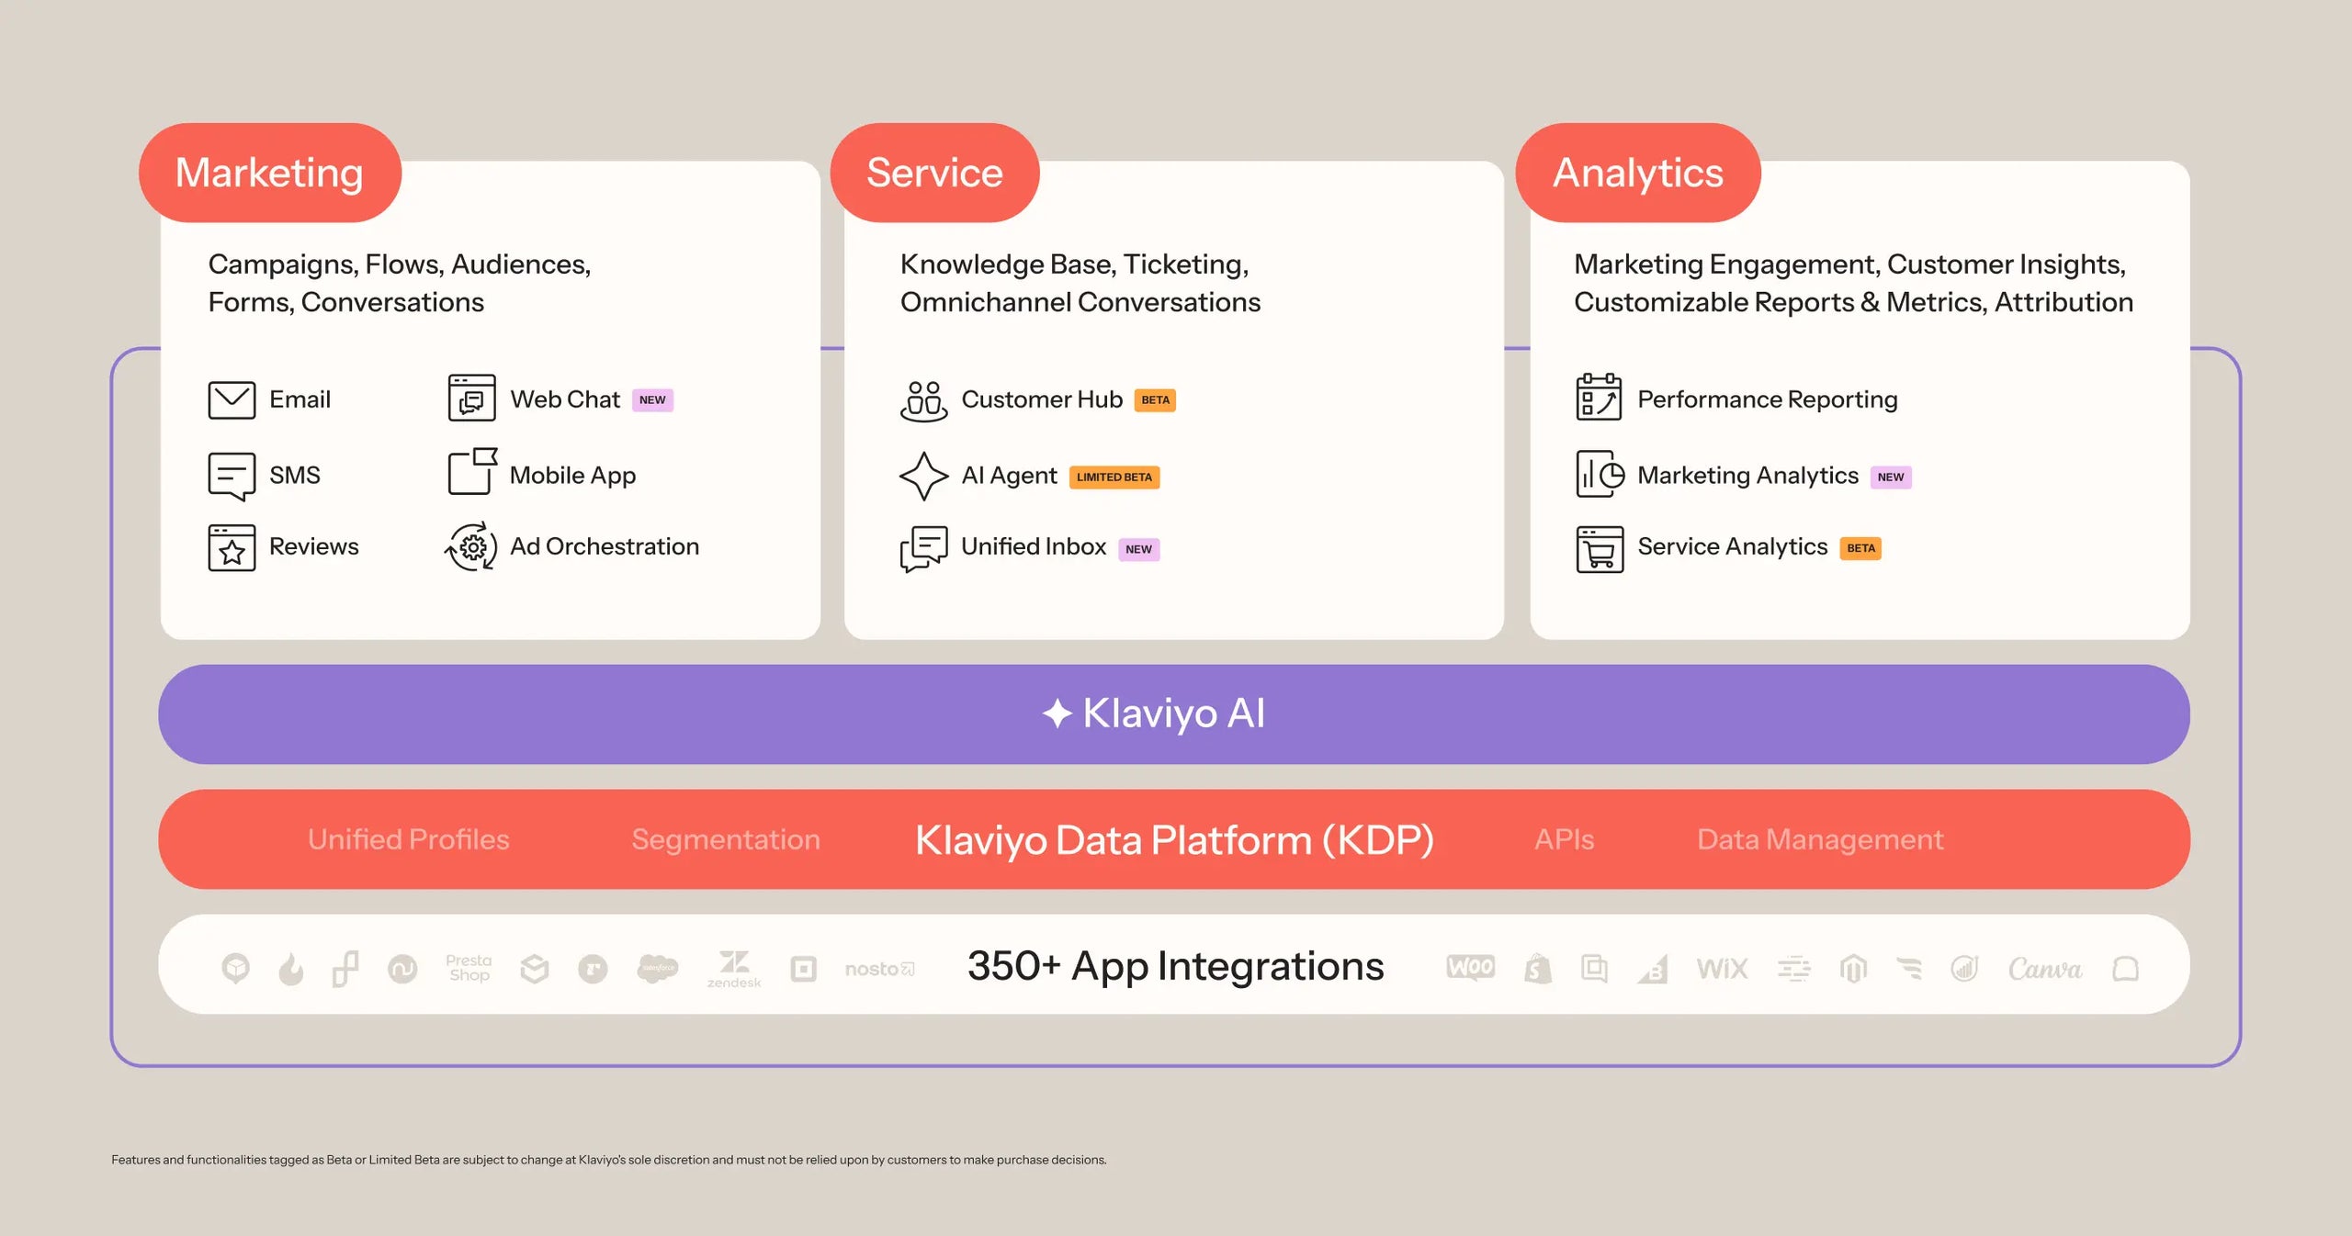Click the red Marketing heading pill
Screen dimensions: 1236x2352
pos(269,173)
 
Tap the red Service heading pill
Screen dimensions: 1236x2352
pos(934,173)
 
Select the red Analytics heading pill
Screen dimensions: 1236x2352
pos(1637,173)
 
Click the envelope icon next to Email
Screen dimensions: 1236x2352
pos(232,400)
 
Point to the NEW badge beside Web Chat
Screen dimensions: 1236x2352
pos(652,400)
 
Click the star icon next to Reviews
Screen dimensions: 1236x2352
pos(232,548)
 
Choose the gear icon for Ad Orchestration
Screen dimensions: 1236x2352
pos(471,547)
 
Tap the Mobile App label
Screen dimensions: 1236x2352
pos(572,476)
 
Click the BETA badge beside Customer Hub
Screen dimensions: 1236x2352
pos(1155,400)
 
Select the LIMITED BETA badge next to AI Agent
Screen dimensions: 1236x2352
pos(1114,478)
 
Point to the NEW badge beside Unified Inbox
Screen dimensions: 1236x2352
pos(1138,549)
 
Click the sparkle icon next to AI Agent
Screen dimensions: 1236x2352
pos(923,476)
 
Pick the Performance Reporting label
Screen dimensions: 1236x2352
pos(1767,400)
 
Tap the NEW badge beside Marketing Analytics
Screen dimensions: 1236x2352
pos(1891,478)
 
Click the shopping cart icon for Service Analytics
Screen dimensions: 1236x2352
pos(1600,549)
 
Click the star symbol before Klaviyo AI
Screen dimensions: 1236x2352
pos(1057,714)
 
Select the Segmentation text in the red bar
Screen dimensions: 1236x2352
pos(725,839)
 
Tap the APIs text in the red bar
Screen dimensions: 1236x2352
pos(1564,839)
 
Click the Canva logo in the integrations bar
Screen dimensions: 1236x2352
pos(2044,969)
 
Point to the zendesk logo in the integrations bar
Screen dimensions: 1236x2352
pos(733,969)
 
